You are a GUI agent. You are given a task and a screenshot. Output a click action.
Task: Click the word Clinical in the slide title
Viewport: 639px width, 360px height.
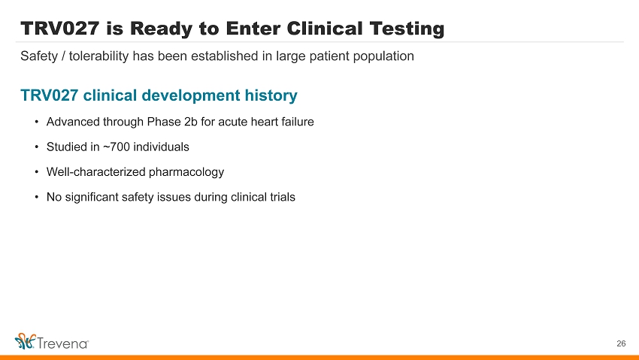325,29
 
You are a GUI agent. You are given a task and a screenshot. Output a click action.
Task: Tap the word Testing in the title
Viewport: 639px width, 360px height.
407,29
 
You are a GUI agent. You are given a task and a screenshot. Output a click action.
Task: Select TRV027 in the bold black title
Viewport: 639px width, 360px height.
60,29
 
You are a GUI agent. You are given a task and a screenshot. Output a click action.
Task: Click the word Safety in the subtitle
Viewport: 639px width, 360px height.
39,56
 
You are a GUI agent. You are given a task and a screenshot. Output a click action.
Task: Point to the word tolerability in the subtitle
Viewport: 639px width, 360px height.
98,56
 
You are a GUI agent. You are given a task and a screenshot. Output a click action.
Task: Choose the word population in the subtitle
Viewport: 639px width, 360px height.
383,56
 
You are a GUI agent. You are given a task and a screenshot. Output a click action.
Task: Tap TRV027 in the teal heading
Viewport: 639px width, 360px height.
50,95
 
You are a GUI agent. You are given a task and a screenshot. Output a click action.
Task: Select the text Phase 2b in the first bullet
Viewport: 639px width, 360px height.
172,122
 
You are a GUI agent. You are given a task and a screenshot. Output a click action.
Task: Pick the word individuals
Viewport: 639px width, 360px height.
161,147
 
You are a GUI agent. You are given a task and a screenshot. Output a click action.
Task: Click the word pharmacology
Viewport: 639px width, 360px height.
186,172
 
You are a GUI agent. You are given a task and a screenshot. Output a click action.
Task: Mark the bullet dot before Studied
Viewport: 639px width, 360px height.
37,147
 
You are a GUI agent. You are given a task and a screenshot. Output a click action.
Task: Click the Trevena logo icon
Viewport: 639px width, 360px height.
26,341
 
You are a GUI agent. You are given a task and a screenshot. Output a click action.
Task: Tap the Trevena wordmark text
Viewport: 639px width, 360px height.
62,343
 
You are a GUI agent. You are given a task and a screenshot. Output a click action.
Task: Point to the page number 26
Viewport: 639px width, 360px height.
621,343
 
